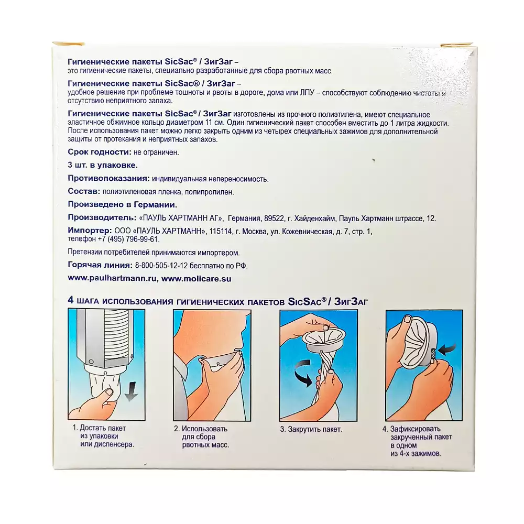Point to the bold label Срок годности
(100, 152)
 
